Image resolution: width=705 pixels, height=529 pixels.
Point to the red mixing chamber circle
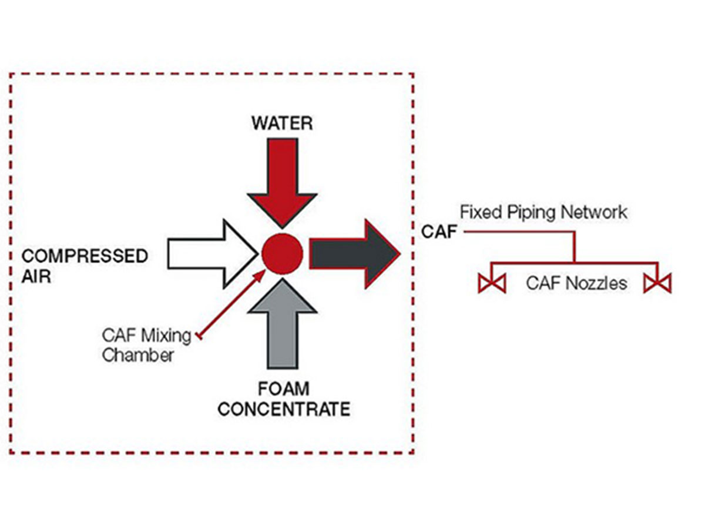pyautogui.click(x=282, y=253)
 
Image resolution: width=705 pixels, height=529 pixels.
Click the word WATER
pyautogui.click(x=282, y=123)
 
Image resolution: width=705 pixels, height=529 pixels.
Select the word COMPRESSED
pyautogui.click(x=85, y=256)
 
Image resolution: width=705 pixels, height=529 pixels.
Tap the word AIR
pyautogui.click(x=36, y=276)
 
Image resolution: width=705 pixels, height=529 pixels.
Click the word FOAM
pyautogui.click(x=284, y=389)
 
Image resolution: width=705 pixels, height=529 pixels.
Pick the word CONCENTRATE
pyautogui.click(x=284, y=409)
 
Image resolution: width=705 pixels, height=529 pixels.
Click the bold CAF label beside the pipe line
pyautogui.click(x=439, y=232)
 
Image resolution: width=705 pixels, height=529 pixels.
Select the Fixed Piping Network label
pyautogui.click(x=543, y=212)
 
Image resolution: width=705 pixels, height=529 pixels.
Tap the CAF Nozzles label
pyautogui.click(x=576, y=283)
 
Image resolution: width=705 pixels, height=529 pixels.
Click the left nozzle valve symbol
pyautogui.click(x=492, y=283)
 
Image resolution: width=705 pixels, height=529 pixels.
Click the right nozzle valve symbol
pyautogui.click(x=657, y=283)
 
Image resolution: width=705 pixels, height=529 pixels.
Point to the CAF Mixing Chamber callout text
pyautogui.click(x=147, y=345)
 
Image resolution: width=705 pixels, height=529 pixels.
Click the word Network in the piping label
pyautogui.click(x=593, y=212)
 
